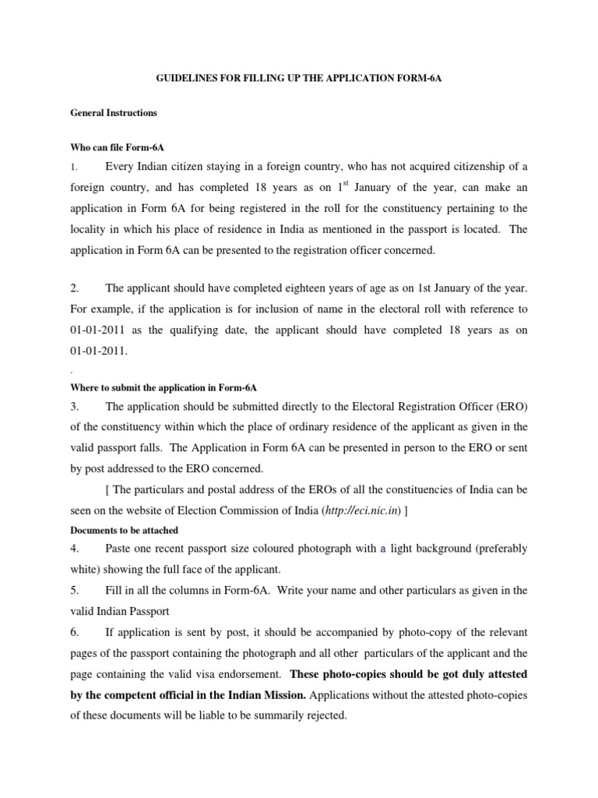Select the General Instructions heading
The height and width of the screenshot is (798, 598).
click(x=113, y=113)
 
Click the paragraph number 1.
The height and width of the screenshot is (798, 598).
click(x=73, y=167)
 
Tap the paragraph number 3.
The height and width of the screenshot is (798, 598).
click(x=75, y=406)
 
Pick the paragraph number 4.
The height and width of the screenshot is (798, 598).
click(x=75, y=549)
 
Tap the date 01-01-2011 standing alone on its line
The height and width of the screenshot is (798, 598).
click(x=98, y=351)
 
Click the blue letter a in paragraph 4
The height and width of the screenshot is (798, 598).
click(x=383, y=549)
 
